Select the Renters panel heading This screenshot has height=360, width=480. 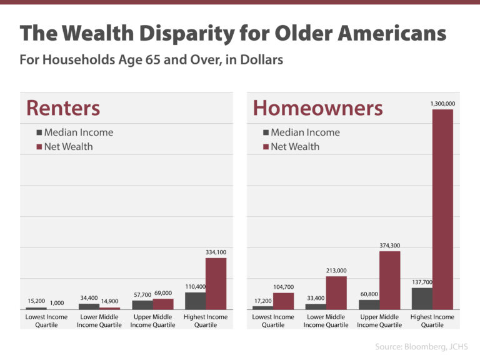(x=62, y=108)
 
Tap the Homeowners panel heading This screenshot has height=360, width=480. (x=317, y=108)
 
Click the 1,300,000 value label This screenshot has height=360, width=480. (x=442, y=103)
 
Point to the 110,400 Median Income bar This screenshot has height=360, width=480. (x=195, y=301)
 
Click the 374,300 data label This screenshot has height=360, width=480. (x=389, y=246)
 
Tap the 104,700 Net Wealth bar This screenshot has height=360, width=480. (x=283, y=301)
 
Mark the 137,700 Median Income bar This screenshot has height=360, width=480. (x=421, y=298)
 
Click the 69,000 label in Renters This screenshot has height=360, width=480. (x=162, y=293)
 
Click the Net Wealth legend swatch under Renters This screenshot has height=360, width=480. (x=39, y=147)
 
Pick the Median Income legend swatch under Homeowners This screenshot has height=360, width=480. (x=266, y=132)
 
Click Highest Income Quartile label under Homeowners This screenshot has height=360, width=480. (x=432, y=321)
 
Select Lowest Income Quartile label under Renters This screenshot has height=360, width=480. (x=47, y=321)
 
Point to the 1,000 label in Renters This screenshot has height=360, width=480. (x=56, y=302)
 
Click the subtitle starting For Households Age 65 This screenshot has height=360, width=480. (x=151, y=61)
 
